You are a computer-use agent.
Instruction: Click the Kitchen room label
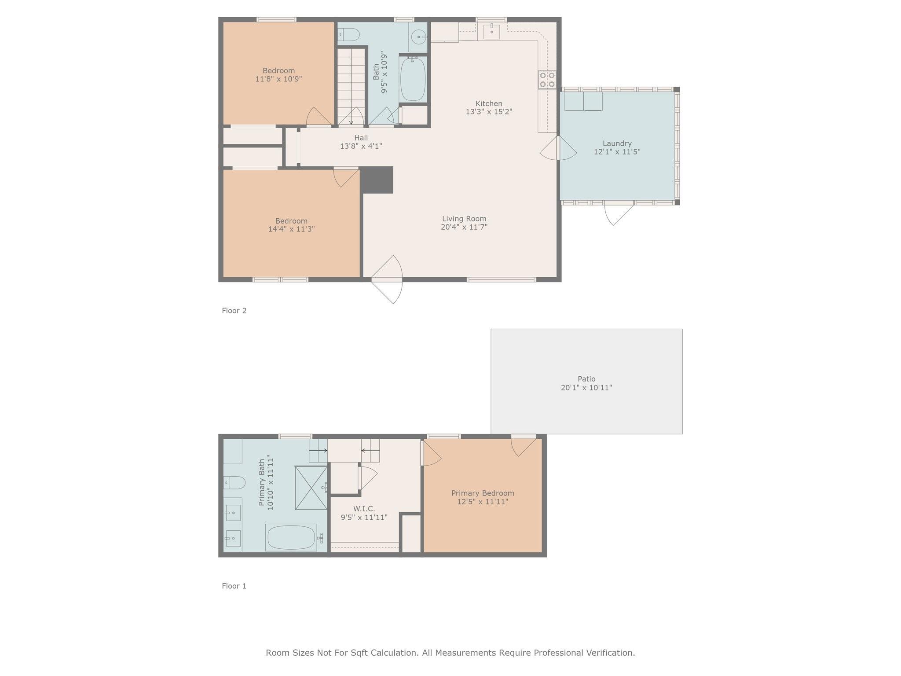(x=488, y=103)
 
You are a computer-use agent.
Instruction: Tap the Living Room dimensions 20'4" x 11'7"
(x=464, y=227)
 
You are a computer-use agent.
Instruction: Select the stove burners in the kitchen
(x=547, y=80)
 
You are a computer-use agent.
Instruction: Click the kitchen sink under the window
(x=491, y=31)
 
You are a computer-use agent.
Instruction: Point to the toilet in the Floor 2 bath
(x=349, y=34)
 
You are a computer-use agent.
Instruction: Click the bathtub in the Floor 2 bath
(x=413, y=79)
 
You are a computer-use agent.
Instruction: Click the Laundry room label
(x=617, y=143)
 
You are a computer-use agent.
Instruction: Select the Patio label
(x=586, y=379)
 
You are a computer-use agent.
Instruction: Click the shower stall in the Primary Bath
(x=311, y=488)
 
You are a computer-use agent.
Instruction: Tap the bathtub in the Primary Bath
(x=291, y=537)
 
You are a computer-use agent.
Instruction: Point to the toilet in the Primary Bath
(x=234, y=483)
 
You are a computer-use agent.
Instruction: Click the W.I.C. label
(x=364, y=509)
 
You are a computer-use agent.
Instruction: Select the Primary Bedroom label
(x=483, y=493)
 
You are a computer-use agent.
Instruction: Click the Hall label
(x=361, y=138)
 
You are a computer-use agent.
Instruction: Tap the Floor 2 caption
(x=234, y=311)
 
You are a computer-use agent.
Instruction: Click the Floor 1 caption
(x=234, y=586)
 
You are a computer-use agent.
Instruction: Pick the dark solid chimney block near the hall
(x=377, y=180)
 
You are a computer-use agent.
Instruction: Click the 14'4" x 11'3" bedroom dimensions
(x=291, y=229)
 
